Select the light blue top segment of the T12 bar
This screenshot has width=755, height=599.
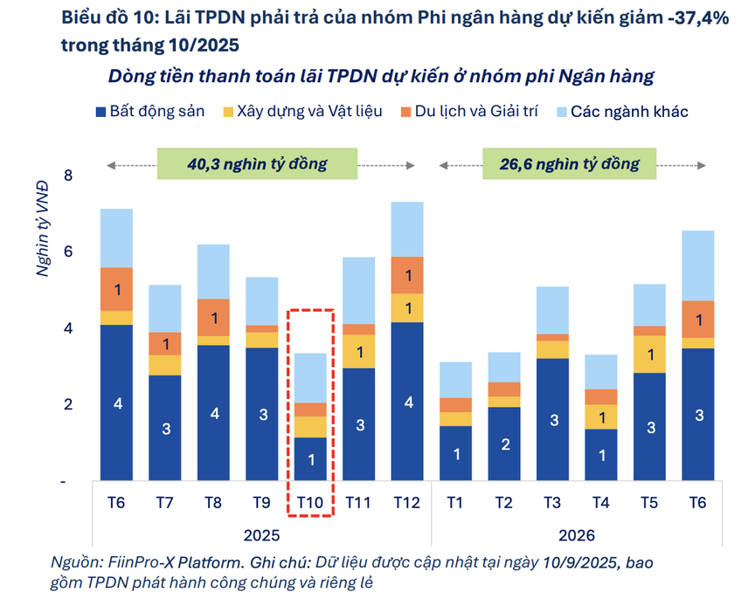coord(406,229)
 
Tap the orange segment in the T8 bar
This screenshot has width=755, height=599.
coord(213,318)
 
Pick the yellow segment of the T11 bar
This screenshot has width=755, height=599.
coord(358,351)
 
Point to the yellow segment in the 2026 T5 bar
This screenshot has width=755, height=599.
coord(649,354)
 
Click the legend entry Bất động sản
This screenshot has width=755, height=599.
coord(149,111)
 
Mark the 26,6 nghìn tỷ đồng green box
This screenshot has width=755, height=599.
coord(569,164)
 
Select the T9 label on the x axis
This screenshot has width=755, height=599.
coord(261,502)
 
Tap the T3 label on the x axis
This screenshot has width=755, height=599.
coord(552,502)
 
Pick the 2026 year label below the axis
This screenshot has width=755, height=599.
coord(576,535)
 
